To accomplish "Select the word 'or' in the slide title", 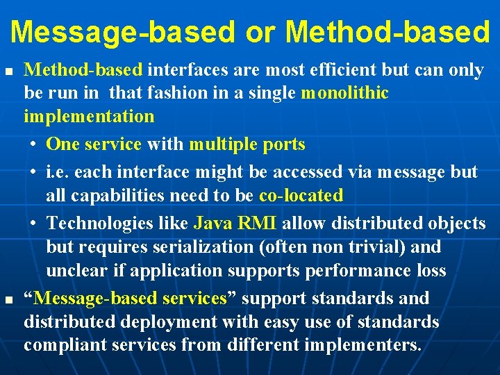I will tap(260, 31).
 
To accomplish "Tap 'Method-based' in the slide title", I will tap(387, 31).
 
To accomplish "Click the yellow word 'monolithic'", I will tap(344, 92).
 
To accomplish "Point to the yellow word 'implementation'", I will tap(89, 115).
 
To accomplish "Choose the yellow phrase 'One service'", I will tap(93, 144).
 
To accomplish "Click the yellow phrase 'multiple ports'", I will tap(247, 144).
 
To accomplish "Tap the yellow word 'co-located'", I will tap(301, 195).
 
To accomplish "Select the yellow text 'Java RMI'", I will tap(235, 223).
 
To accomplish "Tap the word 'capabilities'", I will tap(101, 195).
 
